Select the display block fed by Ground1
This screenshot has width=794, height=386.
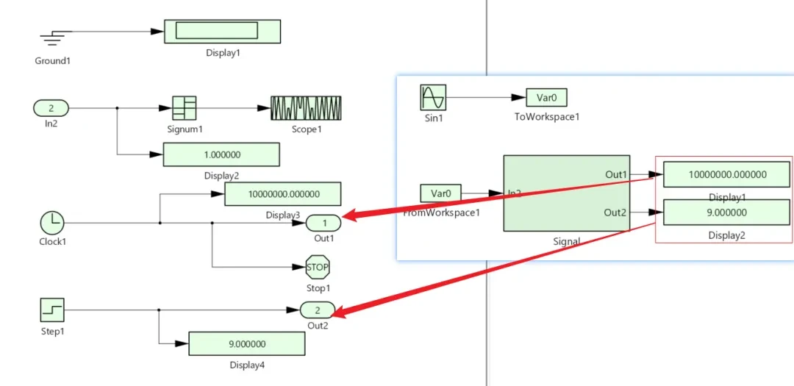tap(222, 31)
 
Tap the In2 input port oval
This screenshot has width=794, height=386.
tap(51, 108)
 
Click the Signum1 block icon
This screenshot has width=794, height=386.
tap(184, 108)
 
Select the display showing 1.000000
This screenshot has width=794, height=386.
tap(221, 155)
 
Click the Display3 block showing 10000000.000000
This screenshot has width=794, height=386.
tap(282, 194)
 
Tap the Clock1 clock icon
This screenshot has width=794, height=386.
tap(52, 222)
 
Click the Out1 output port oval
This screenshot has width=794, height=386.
tap(323, 222)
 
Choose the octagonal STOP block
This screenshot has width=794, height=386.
tap(318, 268)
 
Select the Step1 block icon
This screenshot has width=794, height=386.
tap(52, 310)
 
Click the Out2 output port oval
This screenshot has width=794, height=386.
tap(318, 310)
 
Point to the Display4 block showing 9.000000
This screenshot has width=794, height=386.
tap(247, 344)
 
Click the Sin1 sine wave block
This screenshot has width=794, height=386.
tap(433, 97)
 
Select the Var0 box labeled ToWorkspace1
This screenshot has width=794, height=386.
tap(546, 97)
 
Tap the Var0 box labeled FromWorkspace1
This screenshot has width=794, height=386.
tap(440, 193)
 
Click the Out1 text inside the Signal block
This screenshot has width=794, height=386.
tap(615, 174)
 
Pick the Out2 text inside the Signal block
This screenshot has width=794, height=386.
tap(615, 212)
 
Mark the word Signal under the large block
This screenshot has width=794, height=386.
tap(566, 241)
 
